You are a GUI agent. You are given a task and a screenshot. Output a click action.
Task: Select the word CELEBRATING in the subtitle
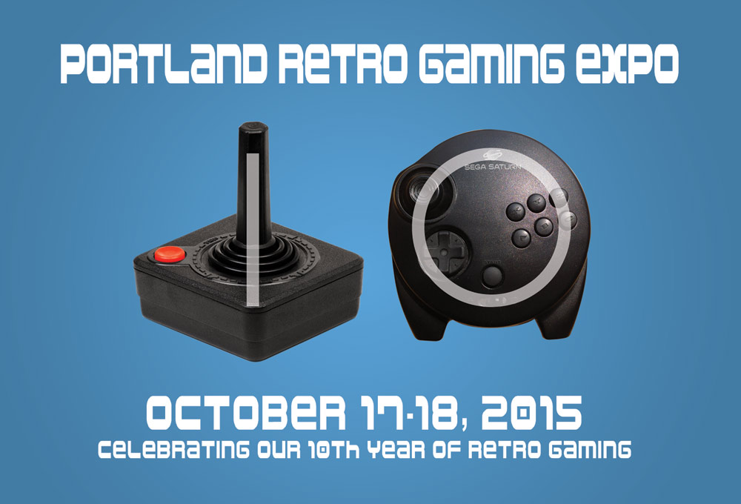(173, 449)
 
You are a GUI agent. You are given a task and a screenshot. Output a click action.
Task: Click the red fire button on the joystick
(170, 254)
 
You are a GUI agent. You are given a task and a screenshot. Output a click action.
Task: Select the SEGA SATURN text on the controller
(493, 167)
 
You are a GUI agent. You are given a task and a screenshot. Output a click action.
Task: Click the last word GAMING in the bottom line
(590, 449)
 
